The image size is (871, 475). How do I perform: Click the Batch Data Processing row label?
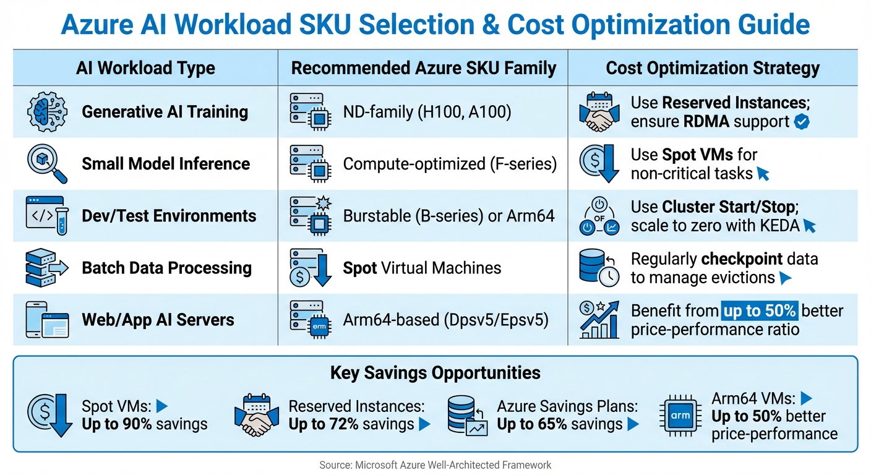pos(166,268)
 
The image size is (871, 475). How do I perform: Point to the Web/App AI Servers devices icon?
pos(47,320)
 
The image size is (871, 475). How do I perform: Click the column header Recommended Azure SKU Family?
pos(424,68)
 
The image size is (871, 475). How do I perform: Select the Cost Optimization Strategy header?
pos(713,68)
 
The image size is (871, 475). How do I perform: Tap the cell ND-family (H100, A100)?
pos(427,112)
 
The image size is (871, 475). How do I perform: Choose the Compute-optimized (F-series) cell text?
pos(450,164)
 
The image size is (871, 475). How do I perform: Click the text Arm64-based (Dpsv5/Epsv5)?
pos(445,320)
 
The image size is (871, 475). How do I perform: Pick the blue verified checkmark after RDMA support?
pos(802,122)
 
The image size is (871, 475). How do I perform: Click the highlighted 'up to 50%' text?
pos(760,310)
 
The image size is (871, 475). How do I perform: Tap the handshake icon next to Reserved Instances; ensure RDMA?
pos(599,112)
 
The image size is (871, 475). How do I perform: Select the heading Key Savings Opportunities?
pos(435,373)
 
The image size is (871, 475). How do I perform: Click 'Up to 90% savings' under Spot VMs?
pos(144,424)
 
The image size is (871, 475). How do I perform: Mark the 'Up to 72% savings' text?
pos(351,424)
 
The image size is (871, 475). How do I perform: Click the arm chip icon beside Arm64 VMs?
pos(680,416)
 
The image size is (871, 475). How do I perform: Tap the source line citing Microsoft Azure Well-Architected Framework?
pos(435,464)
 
